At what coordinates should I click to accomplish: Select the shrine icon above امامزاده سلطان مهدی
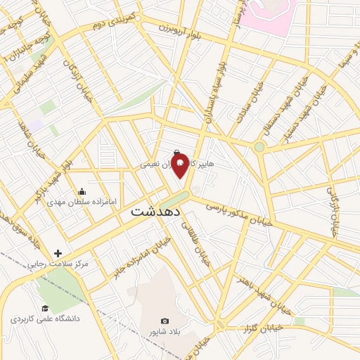click(x=82, y=190)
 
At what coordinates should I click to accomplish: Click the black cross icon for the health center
click(x=58, y=253)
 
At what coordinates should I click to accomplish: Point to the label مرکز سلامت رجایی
click(x=58, y=265)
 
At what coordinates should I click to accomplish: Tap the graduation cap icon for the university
click(x=45, y=308)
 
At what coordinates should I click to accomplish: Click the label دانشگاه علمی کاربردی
click(x=46, y=319)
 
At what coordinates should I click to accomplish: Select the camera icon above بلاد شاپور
click(x=165, y=321)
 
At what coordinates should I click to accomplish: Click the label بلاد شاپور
click(x=165, y=331)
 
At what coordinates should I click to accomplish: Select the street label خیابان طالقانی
click(x=197, y=243)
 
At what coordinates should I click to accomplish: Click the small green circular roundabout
click(x=259, y=147)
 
